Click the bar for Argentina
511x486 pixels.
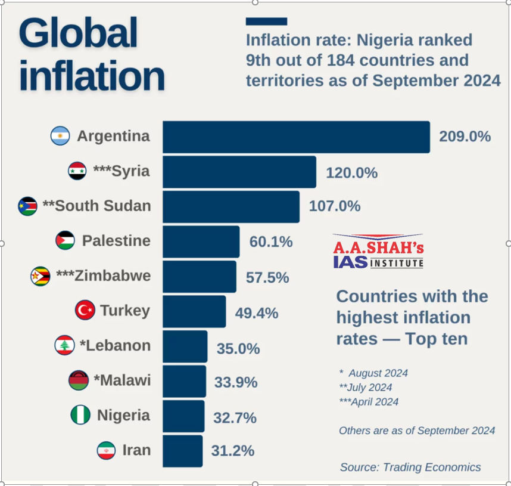point(296,137)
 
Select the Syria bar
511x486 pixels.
point(239,172)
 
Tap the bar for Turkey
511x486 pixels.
point(194,311)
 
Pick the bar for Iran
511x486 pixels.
point(182,450)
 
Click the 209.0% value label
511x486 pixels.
point(465,137)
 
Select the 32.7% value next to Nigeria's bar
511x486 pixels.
point(235,417)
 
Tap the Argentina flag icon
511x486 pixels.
point(61,136)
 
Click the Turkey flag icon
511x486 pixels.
point(85,310)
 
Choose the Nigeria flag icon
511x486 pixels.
point(80,415)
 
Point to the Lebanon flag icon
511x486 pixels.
point(64,345)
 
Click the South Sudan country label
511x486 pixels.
point(96,206)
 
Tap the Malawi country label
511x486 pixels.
point(122,380)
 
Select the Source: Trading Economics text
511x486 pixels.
point(410,468)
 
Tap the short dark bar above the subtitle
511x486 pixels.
point(266,21)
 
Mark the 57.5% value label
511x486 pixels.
point(267,278)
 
